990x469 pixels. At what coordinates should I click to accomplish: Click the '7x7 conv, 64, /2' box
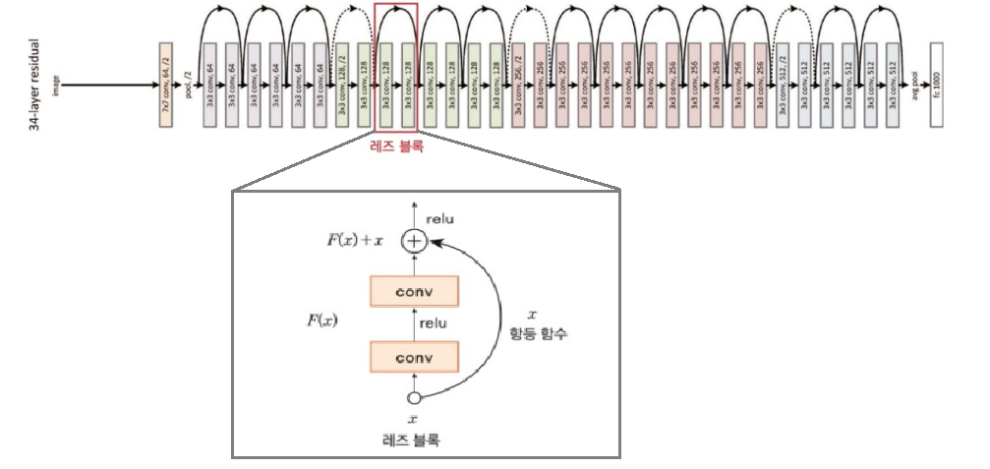pyautogui.click(x=165, y=87)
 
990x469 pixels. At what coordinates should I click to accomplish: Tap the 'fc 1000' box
pyautogui.click(x=935, y=87)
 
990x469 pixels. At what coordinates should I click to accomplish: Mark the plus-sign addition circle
pyautogui.click(x=414, y=240)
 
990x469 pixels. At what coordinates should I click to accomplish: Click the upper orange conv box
pyautogui.click(x=414, y=291)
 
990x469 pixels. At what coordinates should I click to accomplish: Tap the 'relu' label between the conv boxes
pyautogui.click(x=434, y=322)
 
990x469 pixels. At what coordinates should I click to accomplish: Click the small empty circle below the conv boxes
pyautogui.click(x=414, y=397)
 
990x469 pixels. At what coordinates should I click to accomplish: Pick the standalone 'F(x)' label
pyautogui.click(x=321, y=321)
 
